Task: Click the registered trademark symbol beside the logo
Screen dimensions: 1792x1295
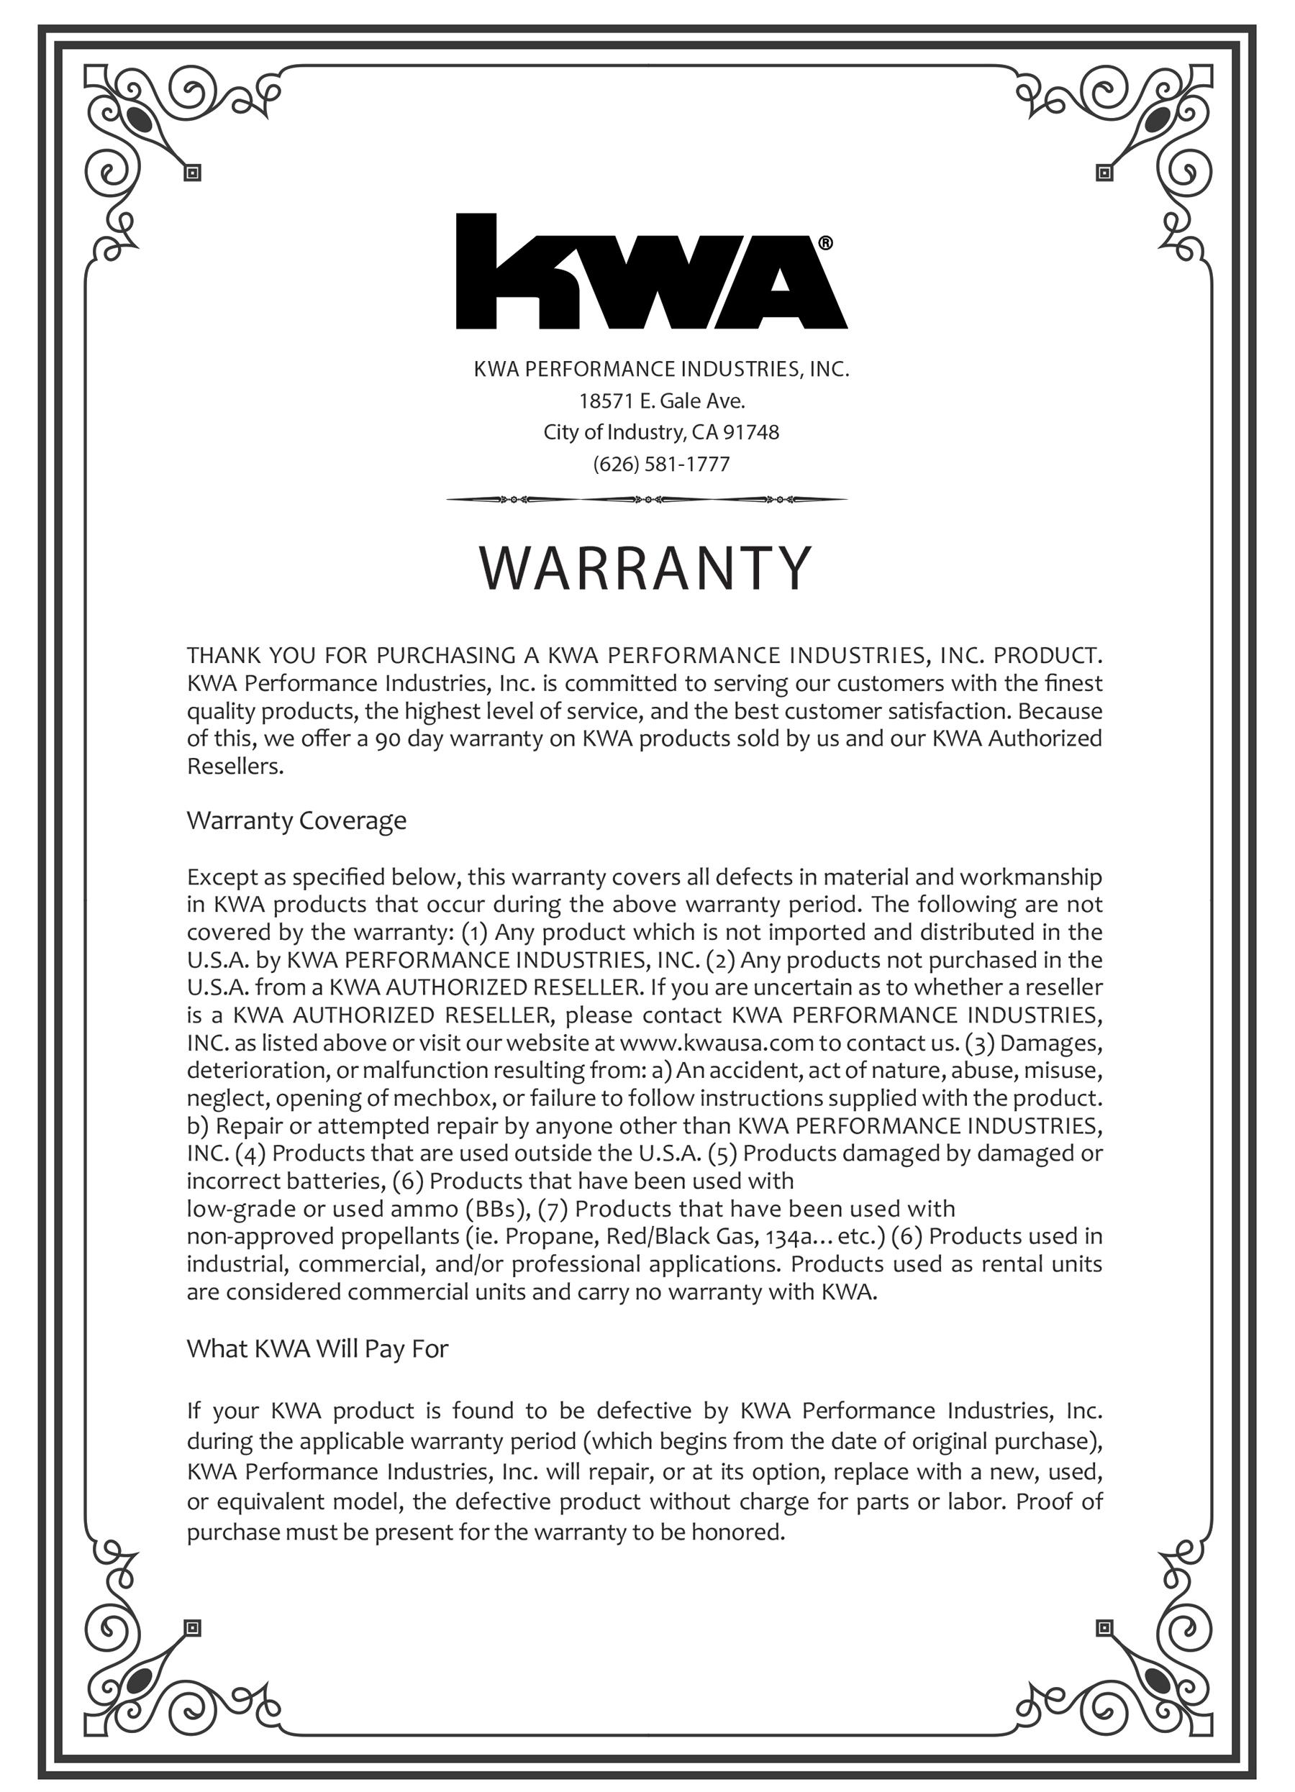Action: pyautogui.click(x=825, y=243)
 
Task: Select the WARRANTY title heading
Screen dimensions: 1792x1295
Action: pyautogui.click(x=646, y=568)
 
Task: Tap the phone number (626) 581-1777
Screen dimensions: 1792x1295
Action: pyautogui.click(x=661, y=464)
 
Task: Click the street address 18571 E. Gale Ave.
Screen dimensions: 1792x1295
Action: pyautogui.click(x=662, y=401)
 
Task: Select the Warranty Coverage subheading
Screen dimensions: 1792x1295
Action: pyautogui.click(x=296, y=820)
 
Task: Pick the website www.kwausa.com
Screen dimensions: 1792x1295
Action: pyautogui.click(x=717, y=1043)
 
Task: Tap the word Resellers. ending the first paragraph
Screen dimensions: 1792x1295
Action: pyautogui.click(x=235, y=767)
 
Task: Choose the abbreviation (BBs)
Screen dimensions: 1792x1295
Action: pyautogui.click(x=496, y=1209)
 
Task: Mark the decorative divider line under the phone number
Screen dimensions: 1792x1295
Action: pyautogui.click(x=647, y=499)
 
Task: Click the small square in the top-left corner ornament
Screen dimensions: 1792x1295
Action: pyautogui.click(x=192, y=173)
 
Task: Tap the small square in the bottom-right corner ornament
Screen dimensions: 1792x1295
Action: pyautogui.click(x=1104, y=1629)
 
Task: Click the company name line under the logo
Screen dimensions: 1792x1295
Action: pyautogui.click(x=661, y=369)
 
